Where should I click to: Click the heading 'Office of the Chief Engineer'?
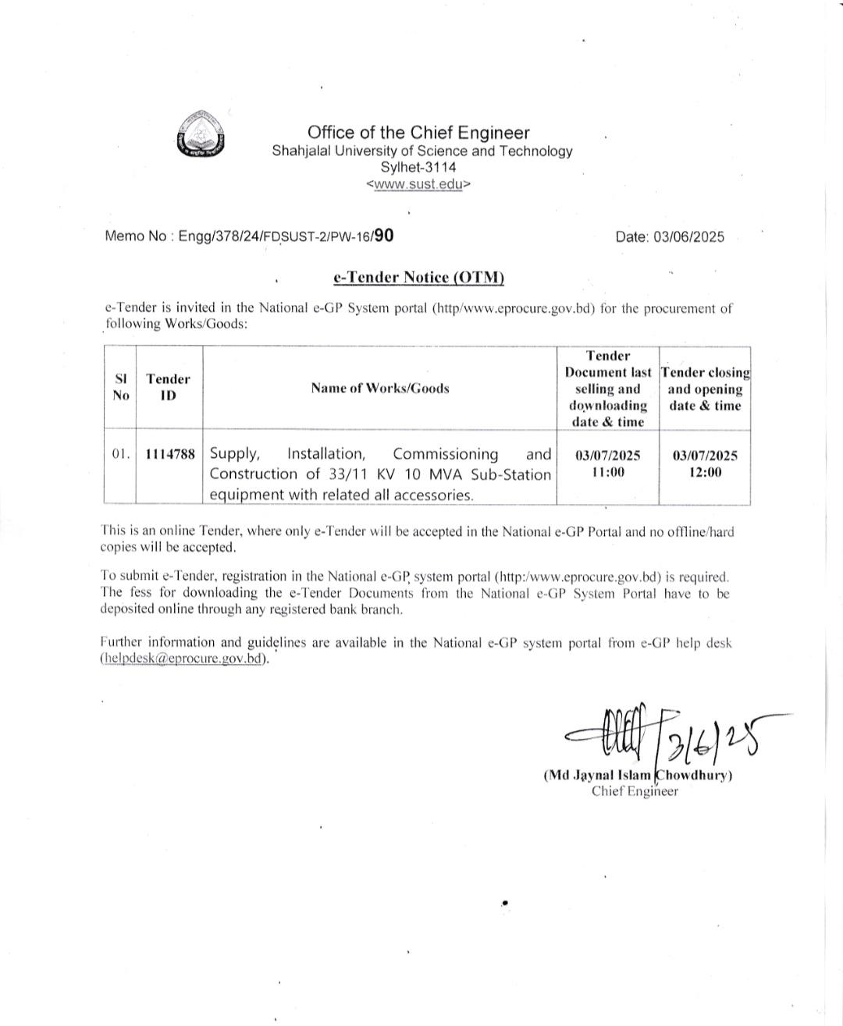[x=418, y=133]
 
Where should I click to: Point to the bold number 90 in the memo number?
[x=383, y=235]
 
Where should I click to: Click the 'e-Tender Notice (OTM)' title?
[x=418, y=277]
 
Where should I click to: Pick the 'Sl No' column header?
[x=120, y=387]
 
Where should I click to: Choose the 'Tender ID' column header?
[x=168, y=387]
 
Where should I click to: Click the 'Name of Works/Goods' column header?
[x=379, y=388]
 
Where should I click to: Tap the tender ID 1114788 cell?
[x=169, y=454]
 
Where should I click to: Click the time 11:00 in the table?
[x=607, y=472]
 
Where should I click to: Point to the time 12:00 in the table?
[x=705, y=472]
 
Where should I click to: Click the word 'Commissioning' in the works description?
[x=445, y=454]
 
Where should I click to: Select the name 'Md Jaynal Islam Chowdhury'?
[x=637, y=776]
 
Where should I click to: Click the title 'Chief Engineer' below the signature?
[x=635, y=791]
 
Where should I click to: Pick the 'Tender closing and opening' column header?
[x=705, y=389]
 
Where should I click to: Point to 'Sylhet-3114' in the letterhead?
[x=418, y=167]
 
